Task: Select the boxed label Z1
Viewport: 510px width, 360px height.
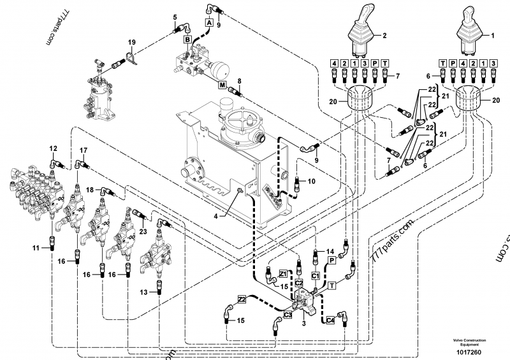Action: point(284,273)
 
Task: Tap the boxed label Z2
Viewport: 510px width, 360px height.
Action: point(242,298)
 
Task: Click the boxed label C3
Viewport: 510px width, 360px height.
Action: point(288,314)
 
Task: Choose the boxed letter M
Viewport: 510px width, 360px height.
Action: point(222,85)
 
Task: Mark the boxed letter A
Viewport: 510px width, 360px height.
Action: point(207,22)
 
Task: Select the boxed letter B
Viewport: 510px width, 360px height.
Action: point(187,40)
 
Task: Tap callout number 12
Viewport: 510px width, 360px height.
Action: point(53,148)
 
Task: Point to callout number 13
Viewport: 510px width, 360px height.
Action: point(144,292)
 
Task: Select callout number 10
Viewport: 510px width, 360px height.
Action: point(311,182)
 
